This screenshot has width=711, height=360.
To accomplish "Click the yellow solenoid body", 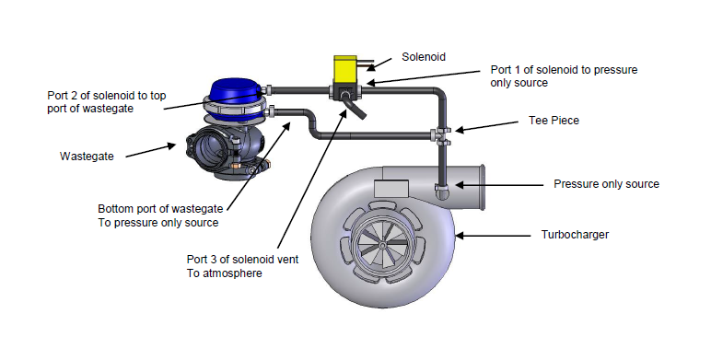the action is coord(345,70).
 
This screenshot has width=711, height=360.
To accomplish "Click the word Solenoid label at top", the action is coord(424,57).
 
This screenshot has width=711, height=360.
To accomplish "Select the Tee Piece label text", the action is coord(554,121).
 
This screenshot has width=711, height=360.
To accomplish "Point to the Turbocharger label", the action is coord(575,235).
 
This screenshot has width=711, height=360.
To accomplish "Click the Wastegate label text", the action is coord(87,157).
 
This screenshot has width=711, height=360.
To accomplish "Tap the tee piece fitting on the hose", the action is coord(442,135).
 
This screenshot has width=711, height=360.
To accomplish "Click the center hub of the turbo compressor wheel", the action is coord(383,245).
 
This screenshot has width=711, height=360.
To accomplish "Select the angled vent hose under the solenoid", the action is coord(355,106).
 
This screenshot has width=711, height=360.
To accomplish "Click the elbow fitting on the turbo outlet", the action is coord(442,192).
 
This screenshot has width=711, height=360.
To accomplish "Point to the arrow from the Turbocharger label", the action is coord(493,236).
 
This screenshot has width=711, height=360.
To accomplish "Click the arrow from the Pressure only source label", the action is coord(499,185).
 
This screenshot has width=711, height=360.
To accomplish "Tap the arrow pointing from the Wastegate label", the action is coord(150,151).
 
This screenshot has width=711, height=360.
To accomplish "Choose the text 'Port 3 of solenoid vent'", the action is coord(242,260).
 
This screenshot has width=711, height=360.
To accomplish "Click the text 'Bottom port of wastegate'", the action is coord(160,209).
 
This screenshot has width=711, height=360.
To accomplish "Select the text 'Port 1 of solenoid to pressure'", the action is coord(564,70).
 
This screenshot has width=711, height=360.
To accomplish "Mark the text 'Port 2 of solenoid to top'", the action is coord(107,96).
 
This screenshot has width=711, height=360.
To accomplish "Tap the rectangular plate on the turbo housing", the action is coord(390,188).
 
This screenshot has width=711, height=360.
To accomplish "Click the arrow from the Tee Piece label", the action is coord(486,126).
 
